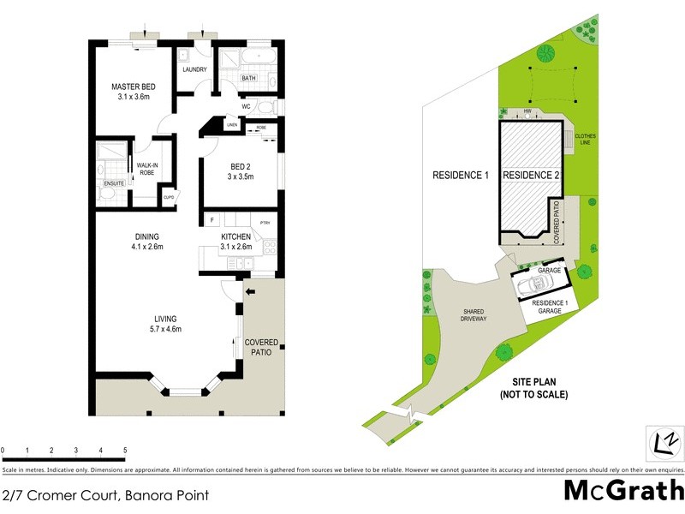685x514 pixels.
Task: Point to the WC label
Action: [x=245, y=107]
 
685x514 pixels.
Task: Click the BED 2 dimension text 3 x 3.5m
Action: [x=241, y=177]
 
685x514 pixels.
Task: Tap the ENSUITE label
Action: [x=113, y=183]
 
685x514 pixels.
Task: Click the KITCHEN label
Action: [x=236, y=236]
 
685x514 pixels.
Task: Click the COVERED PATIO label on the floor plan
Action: [x=262, y=347]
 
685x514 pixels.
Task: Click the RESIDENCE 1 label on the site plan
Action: [x=460, y=176]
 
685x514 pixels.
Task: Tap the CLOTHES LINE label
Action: [x=585, y=140]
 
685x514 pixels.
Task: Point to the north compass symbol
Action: [x=663, y=442]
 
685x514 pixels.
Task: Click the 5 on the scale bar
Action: [x=125, y=450]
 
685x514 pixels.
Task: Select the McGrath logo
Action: [x=623, y=491]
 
